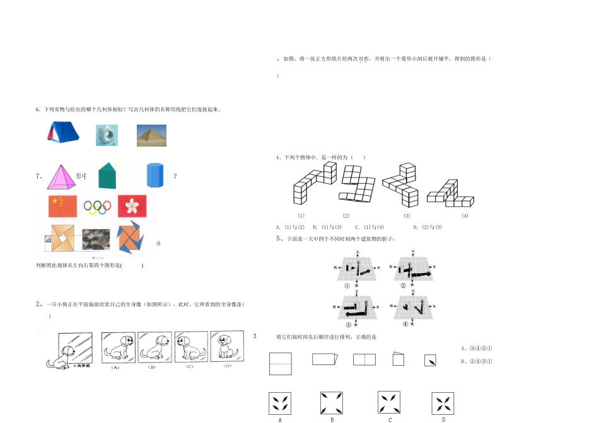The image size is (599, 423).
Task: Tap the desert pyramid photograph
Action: click(152, 135)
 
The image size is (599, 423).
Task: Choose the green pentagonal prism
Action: click(107, 176)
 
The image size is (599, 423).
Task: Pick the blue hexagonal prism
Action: click(155, 176)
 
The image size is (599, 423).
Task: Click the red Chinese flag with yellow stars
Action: click(62, 205)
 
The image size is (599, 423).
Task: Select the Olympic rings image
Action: click(97, 206)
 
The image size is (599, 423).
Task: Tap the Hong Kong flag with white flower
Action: click(132, 205)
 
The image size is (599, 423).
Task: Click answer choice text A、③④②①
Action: click(477, 347)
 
